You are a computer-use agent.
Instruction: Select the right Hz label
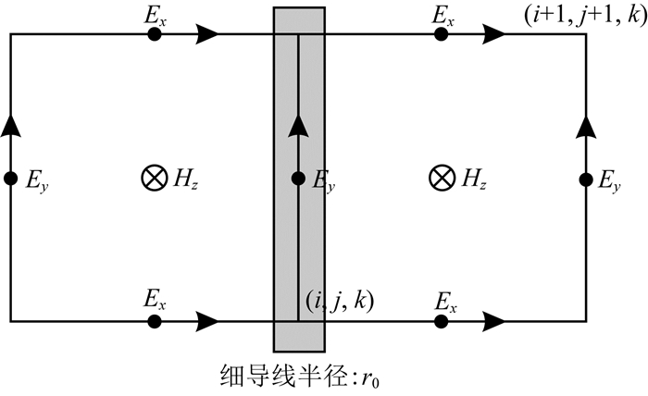coord(473,179)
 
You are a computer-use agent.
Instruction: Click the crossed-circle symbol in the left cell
coord(153,179)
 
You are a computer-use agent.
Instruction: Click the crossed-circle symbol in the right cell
coord(442,179)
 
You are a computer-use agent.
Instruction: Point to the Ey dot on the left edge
coord(10,179)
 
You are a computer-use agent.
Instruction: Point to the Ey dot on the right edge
coord(586,179)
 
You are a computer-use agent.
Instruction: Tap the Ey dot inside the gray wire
coord(298,179)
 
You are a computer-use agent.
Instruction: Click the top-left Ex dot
coord(155,34)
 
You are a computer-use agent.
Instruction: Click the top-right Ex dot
coord(442,34)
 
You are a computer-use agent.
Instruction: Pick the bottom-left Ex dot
coord(155,321)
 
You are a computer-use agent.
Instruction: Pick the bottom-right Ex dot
coord(442,321)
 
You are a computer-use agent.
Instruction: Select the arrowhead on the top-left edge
coord(208,34)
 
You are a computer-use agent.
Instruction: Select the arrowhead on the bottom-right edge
coord(495,321)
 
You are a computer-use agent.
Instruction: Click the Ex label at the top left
coord(155,14)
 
